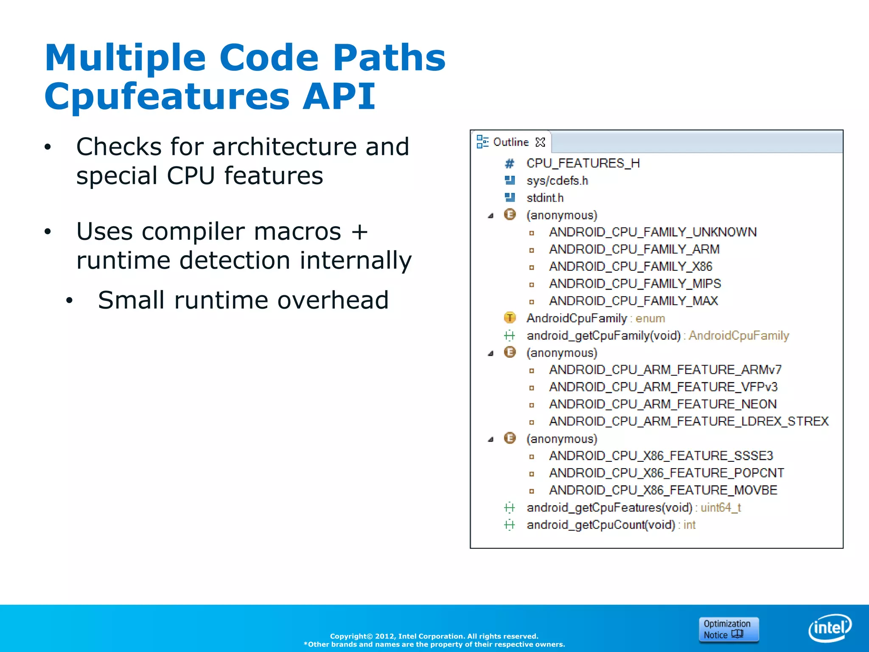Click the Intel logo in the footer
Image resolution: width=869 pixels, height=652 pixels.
(x=830, y=627)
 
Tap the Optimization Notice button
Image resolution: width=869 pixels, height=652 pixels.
(x=728, y=629)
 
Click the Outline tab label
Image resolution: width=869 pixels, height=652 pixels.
(x=511, y=142)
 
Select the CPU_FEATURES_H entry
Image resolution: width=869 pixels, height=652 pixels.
(x=583, y=163)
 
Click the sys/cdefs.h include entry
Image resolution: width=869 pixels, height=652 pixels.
(x=557, y=181)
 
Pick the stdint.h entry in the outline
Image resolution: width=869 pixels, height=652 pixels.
(x=545, y=198)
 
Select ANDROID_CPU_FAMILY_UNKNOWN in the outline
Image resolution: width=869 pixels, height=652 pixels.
(x=653, y=232)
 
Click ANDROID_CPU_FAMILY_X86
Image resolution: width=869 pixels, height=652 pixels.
(x=631, y=267)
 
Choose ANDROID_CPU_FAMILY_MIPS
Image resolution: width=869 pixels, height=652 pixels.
(x=635, y=284)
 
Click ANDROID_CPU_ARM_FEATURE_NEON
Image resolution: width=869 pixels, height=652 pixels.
(x=663, y=404)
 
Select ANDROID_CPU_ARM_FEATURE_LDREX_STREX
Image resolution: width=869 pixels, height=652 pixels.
(x=689, y=422)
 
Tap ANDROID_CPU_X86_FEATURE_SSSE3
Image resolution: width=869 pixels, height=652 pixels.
(x=661, y=456)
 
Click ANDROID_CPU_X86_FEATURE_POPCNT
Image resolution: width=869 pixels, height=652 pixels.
(x=666, y=473)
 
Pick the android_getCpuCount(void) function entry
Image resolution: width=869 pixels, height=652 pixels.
(x=601, y=525)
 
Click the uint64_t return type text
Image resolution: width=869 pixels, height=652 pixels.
(x=720, y=508)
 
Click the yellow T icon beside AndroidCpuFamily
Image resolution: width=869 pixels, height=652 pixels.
(x=510, y=318)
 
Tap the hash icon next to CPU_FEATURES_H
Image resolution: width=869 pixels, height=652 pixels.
(x=510, y=163)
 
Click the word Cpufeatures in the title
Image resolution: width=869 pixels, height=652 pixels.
(x=167, y=96)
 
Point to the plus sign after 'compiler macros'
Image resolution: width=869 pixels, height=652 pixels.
(x=359, y=232)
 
